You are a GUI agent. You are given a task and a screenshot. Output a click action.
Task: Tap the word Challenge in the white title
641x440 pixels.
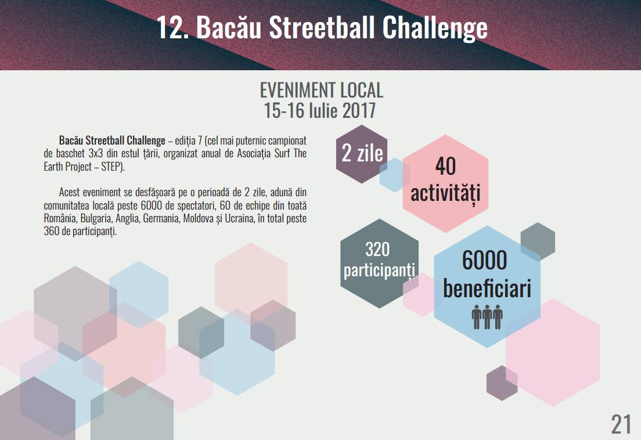click(435, 28)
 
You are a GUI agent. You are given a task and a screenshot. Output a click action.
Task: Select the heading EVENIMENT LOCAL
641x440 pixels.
click(321, 91)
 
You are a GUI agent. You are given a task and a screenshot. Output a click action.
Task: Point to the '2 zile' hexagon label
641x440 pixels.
click(362, 153)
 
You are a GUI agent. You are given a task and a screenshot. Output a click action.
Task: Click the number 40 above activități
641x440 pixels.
click(445, 166)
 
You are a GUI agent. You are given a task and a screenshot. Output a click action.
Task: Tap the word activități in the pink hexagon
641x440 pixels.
click(445, 193)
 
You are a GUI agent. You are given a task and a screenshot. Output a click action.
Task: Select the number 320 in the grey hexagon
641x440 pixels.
click(377, 250)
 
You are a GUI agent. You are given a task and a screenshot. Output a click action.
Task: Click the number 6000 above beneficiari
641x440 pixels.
click(484, 260)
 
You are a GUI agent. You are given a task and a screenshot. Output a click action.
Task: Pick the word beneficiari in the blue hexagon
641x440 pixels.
click(487, 288)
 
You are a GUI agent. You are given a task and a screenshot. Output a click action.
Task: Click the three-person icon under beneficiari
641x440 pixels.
click(487, 316)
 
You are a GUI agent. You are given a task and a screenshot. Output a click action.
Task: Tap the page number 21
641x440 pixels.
click(621, 424)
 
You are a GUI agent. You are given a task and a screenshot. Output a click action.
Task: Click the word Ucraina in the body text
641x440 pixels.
click(239, 219)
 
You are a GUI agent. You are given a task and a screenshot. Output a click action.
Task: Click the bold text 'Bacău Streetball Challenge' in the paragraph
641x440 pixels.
click(112, 140)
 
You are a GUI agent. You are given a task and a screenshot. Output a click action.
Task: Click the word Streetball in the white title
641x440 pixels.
click(322, 28)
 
